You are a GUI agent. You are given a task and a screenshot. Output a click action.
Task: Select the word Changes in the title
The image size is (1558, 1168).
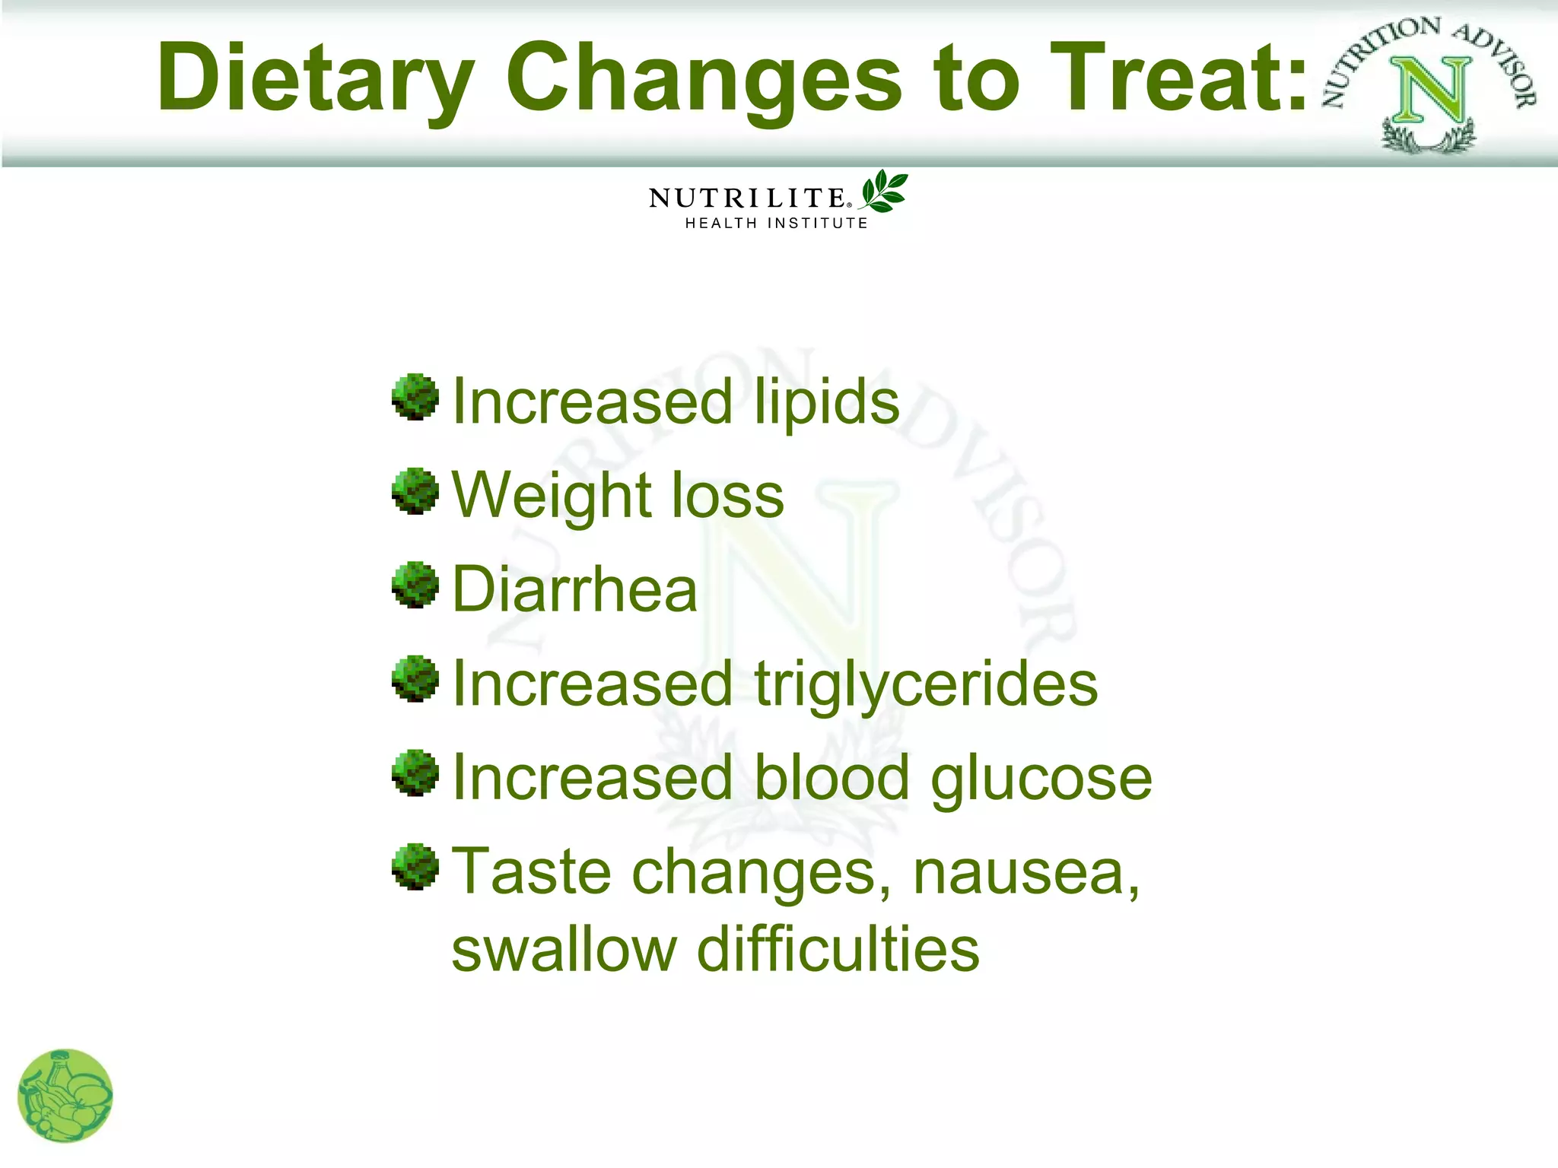(704, 78)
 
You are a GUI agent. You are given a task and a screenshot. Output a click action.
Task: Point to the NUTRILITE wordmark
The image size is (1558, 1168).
(748, 198)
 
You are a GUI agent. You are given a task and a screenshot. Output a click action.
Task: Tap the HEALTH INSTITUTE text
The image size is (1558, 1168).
(776, 223)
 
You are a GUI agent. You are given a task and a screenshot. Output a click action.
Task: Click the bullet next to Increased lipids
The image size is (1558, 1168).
(415, 397)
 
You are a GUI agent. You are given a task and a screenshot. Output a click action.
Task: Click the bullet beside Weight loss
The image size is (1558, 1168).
(415, 491)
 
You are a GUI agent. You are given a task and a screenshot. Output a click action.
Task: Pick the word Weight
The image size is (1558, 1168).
(541, 496)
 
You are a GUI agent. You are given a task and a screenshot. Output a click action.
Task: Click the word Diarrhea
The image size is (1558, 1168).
(574, 589)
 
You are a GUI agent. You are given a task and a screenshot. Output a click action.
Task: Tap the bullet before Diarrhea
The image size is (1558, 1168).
(415, 585)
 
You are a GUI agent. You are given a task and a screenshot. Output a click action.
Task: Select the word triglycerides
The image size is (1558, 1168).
(926, 684)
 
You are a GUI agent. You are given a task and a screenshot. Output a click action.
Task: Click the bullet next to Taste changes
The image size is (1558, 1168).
(415, 866)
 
